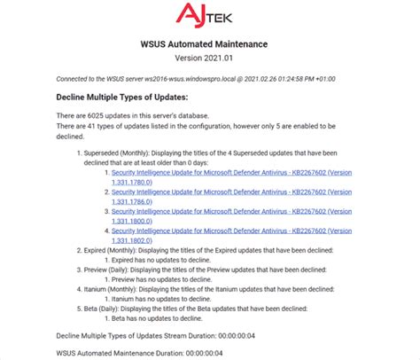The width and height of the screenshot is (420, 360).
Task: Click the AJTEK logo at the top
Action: (210, 15)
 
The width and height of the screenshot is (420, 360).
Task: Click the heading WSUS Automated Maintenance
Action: (210, 44)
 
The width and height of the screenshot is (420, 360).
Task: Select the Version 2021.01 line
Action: (210, 59)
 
